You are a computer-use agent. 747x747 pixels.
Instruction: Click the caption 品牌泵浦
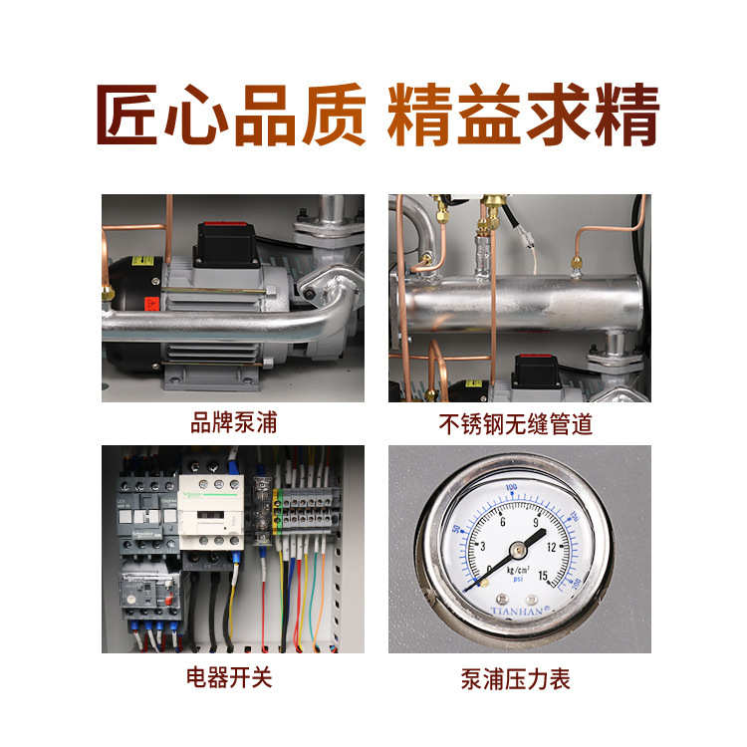point(233,423)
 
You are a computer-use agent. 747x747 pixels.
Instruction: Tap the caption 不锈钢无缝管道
point(516,424)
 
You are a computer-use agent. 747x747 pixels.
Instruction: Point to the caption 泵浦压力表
point(516,679)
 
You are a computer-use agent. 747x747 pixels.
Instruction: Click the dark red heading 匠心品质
point(230,117)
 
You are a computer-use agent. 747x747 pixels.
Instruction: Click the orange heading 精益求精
point(523,117)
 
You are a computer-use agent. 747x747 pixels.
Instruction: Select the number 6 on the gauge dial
point(503,523)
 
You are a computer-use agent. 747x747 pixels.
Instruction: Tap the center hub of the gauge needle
point(518,549)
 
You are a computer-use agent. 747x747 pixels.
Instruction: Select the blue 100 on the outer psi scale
point(512,488)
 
